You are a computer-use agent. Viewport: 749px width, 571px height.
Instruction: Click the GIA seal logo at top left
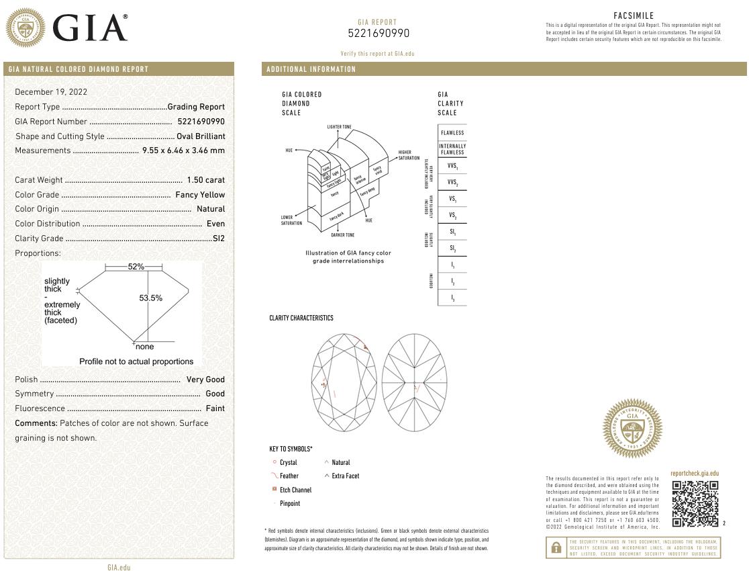coord(26,28)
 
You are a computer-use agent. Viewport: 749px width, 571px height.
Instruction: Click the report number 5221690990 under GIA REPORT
coord(378,34)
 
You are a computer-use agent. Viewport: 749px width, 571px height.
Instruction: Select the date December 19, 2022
coord(51,92)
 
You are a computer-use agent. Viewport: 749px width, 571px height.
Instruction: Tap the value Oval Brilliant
coord(201,136)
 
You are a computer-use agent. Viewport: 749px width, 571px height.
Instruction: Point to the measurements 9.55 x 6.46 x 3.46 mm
coord(183,150)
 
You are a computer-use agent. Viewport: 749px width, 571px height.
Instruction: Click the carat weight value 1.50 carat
coord(205,180)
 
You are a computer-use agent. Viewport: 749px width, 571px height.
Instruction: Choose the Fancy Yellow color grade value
coord(200,195)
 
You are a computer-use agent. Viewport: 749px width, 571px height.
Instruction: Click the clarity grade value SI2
coord(218,238)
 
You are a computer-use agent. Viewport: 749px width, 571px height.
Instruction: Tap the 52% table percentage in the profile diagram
coord(136,267)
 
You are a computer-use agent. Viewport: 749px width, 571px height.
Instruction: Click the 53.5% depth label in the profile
coord(150,298)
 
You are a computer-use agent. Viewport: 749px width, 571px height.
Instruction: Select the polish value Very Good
coord(205,380)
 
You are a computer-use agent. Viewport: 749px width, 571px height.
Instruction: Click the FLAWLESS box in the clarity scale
coord(452,132)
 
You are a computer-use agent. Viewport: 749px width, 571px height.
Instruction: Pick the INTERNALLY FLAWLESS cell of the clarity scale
coord(452,149)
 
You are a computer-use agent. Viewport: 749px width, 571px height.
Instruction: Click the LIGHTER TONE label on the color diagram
coord(339,127)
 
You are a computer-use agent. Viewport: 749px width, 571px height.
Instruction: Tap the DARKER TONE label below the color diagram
coord(342,235)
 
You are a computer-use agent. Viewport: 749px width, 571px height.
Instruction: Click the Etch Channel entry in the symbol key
coord(295,490)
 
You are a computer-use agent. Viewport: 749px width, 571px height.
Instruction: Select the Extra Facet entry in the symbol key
coord(345,476)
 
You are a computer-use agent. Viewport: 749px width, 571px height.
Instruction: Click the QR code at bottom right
coord(695,504)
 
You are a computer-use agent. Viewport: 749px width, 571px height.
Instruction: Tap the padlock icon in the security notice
coord(556,548)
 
